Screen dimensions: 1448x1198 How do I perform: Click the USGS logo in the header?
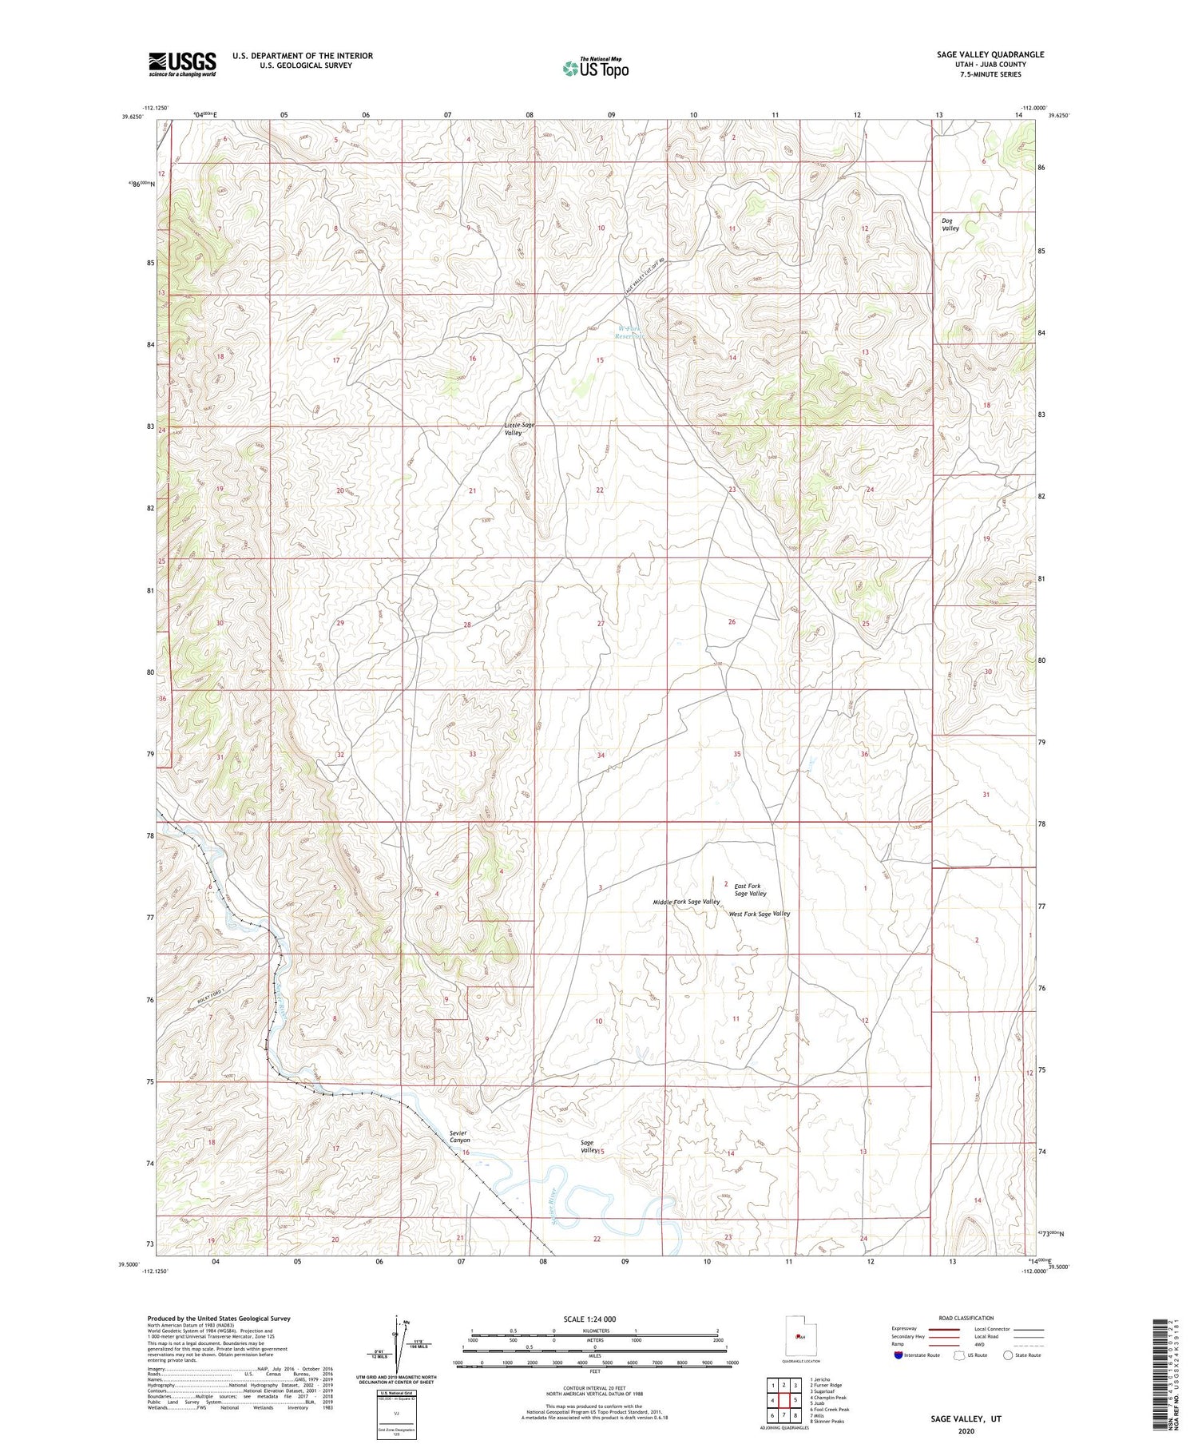click(x=182, y=63)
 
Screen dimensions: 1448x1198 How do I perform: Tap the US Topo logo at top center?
click(x=595, y=69)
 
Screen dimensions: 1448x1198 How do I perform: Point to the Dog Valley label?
click(x=950, y=224)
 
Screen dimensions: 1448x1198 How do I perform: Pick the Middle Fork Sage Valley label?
click(x=686, y=902)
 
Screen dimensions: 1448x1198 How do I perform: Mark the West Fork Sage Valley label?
click(x=759, y=914)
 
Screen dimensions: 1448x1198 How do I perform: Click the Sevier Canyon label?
click(x=459, y=1137)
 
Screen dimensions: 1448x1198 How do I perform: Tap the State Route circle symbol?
click(x=1009, y=1355)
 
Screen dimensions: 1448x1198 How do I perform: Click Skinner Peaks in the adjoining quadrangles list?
click(x=827, y=1422)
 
